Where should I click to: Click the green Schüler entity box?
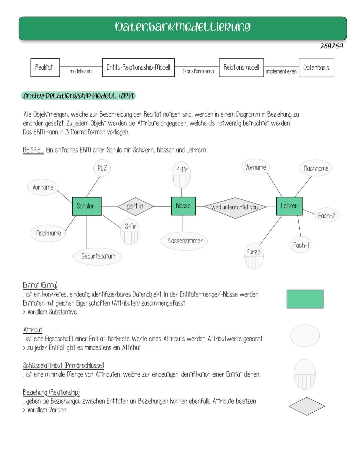tap(87, 206)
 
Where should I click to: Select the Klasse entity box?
tap(183, 206)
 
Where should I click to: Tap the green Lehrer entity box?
tap(289, 206)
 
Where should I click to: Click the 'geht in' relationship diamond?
tap(135, 206)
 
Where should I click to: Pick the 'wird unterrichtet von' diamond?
tap(235, 207)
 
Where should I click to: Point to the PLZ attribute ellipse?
tap(102, 168)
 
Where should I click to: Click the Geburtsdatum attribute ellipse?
tap(98, 256)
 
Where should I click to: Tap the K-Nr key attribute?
tap(182, 175)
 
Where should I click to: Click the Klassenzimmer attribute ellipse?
tap(185, 241)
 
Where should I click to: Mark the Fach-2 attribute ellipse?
tap(326, 215)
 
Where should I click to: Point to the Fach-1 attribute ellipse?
tap(301, 246)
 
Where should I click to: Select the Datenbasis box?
tap(316, 68)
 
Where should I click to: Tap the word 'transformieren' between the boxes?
tap(198, 71)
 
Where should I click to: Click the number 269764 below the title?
tap(331, 46)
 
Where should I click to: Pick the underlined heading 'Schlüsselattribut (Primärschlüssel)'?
tap(64, 365)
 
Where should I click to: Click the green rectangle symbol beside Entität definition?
tap(305, 299)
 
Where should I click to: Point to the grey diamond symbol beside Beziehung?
tap(307, 406)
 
